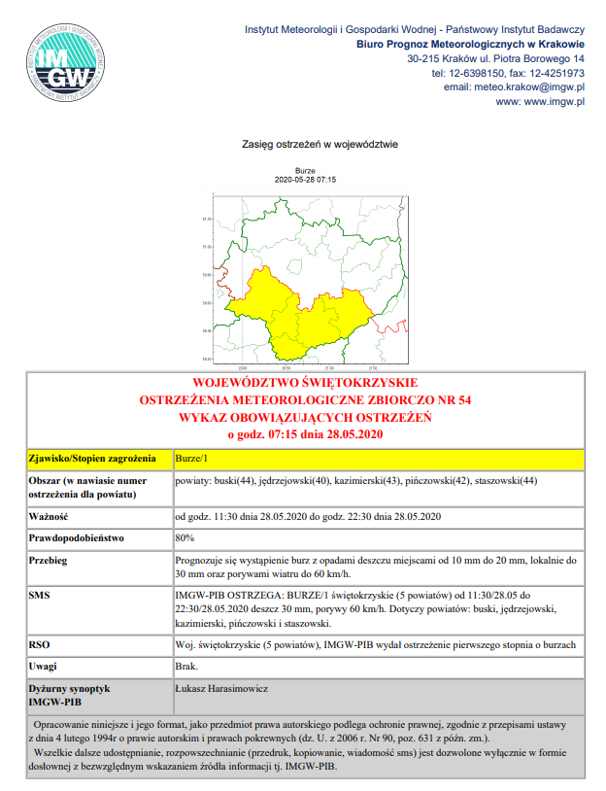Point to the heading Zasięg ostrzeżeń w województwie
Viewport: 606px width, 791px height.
pyautogui.click(x=307, y=144)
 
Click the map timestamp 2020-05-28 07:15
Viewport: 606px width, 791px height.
pyautogui.click(x=306, y=180)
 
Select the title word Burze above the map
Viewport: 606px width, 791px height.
pyautogui.click(x=306, y=171)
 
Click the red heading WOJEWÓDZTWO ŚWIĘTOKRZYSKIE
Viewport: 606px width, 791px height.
pyautogui.click(x=306, y=382)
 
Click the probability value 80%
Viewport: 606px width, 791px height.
pyautogui.click(x=184, y=536)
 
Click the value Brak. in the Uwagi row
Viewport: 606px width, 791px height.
pyautogui.click(x=185, y=666)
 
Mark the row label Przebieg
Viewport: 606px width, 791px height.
pyautogui.click(x=48, y=561)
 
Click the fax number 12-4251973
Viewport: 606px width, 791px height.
pyautogui.click(x=557, y=73)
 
